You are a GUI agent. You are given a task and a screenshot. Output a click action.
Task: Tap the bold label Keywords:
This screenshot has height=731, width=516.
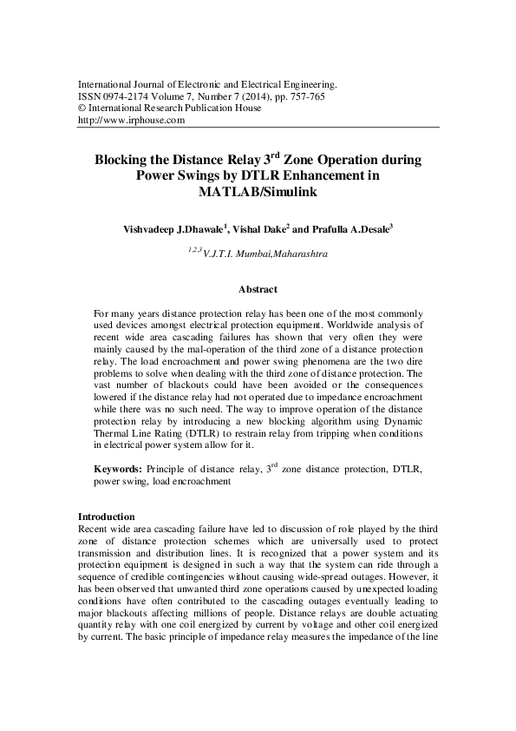(x=119, y=470)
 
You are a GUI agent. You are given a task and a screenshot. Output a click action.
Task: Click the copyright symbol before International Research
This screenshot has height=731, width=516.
(x=82, y=109)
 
